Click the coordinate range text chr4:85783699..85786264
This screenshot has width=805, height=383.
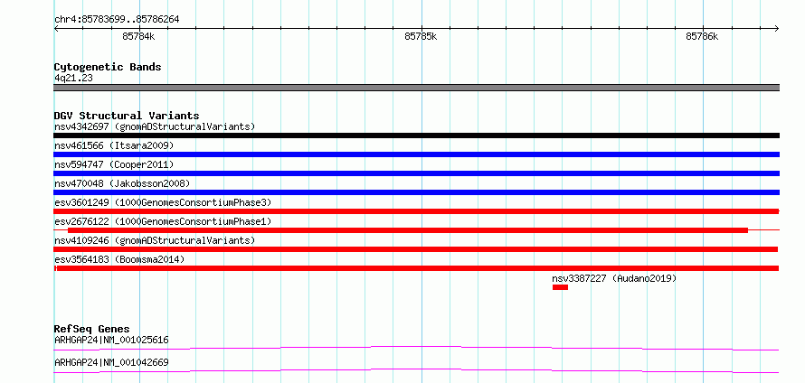coord(117,20)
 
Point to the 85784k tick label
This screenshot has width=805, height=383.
coord(138,36)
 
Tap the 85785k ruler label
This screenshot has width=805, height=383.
coord(421,36)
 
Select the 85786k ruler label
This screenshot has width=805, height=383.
coord(702,36)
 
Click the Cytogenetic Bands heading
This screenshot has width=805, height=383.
coord(108,67)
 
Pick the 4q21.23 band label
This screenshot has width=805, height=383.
coord(73,79)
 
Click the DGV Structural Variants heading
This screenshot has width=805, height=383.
coord(127,116)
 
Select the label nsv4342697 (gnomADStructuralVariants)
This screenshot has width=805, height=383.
coord(155,126)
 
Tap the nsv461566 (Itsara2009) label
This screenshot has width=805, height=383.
coord(114,145)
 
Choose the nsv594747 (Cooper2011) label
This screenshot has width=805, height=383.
coord(114,164)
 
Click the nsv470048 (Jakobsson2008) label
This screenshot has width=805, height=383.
coord(122,183)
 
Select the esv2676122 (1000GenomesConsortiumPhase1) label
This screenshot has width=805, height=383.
coord(163,221)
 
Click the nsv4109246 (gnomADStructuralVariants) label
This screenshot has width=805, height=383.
coord(155,240)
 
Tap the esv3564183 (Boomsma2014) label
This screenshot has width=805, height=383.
coord(119,259)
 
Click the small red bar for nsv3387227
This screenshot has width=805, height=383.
coord(560,287)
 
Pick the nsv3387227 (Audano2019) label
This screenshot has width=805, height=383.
coord(614,278)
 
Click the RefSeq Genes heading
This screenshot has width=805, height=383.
coord(92,329)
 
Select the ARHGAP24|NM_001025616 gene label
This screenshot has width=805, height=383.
coord(111,340)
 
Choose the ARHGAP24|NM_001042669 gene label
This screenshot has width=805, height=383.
coord(111,362)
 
